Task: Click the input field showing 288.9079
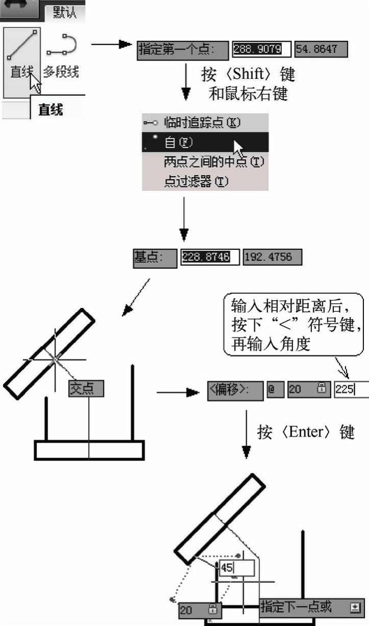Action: (261, 49)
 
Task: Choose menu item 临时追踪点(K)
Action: (201, 123)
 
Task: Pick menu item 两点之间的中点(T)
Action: (214, 162)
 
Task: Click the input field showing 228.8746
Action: (209, 257)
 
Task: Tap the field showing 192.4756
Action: (272, 257)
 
